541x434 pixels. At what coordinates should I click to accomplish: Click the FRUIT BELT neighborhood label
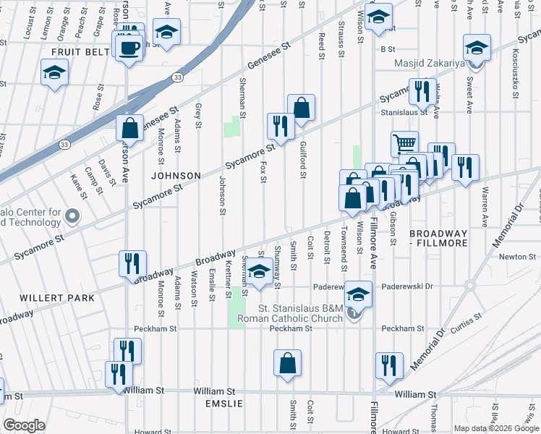tap(80, 52)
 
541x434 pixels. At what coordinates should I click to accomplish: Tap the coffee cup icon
tap(129, 48)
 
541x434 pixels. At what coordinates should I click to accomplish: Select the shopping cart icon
tap(404, 142)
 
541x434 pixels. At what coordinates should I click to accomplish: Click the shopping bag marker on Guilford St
tap(301, 109)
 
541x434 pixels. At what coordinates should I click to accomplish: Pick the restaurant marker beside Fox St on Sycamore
tap(280, 127)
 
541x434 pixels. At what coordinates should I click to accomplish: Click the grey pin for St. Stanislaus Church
tap(354, 313)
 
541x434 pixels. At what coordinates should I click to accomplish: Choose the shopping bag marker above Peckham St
tap(287, 363)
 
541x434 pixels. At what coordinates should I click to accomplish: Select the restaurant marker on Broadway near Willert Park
tap(132, 264)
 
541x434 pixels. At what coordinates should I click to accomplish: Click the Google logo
tap(23, 425)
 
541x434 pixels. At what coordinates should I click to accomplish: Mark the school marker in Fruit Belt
tap(55, 75)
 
